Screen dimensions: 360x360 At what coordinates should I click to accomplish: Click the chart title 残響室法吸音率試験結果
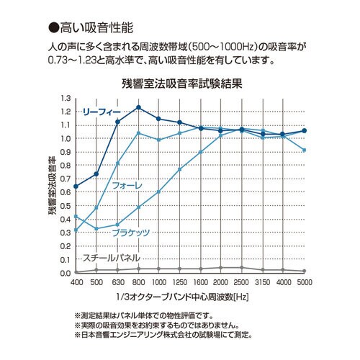click(x=181, y=84)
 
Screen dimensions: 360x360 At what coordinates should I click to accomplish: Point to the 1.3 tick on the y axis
click(x=66, y=98)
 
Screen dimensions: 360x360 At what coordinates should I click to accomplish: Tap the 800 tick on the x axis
click(x=138, y=282)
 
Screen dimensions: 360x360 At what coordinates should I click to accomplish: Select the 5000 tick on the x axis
click(x=305, y=282)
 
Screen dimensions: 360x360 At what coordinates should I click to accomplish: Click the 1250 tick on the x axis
click(x=180, y=282)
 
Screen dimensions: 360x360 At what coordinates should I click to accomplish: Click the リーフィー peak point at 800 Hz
click(x=138, y=107)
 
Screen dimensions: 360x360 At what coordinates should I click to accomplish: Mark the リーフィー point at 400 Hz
click(x=76, y=186)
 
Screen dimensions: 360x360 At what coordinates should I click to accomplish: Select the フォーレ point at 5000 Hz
click(x=305, y=150)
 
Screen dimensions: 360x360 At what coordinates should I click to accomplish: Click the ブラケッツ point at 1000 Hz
click(x=159, y=192)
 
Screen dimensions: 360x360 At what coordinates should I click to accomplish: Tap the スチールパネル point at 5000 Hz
click(x=305, y=271)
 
